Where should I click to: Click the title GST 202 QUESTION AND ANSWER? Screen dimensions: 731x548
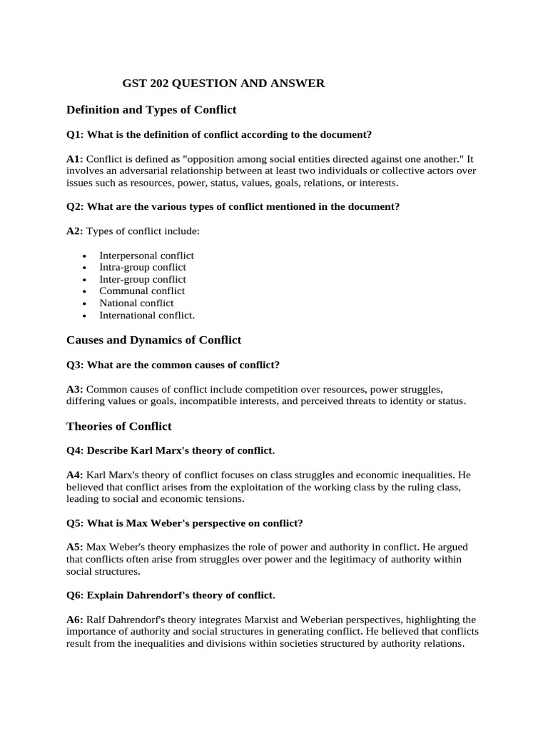point(223,84)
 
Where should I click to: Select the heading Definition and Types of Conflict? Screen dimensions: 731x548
point(151,110)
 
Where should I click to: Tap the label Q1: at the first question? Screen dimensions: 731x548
point(75,134)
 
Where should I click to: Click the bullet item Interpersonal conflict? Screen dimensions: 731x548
point(146,255)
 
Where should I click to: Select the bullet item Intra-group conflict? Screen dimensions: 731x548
point(142,267)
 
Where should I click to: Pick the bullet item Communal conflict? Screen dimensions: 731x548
point(142,291)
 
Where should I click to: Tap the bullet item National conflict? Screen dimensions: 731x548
point(136,303)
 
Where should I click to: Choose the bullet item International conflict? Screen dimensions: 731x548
point(146,315)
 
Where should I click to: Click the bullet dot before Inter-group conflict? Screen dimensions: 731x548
point(85,280)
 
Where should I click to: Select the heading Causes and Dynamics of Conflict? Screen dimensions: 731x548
point(153,340)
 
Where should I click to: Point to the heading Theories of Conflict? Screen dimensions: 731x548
point(118,426)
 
